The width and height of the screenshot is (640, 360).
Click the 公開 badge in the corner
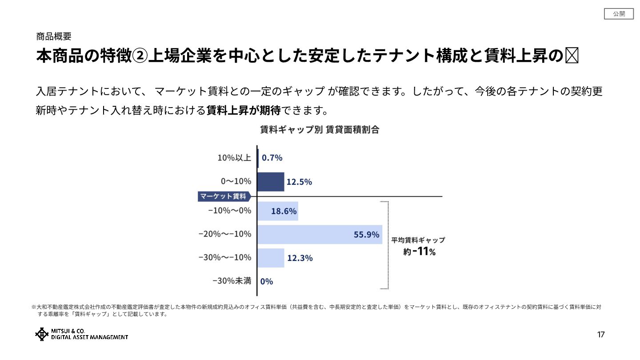[x=619, y=14]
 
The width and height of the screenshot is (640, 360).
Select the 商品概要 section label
[x=53, y=36]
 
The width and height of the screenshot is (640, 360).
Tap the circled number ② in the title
[x=139, y=56]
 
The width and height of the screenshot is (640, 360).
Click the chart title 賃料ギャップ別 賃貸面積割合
[x=320, y=130]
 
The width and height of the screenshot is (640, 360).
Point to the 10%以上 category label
[x=234, y=158]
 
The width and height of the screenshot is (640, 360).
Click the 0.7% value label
[x=272, y=158]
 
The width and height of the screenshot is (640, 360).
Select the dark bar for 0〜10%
[x=271, y=182]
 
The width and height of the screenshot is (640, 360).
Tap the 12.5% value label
[x=299, y=182]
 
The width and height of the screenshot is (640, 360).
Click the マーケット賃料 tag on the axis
[x=224, y=196]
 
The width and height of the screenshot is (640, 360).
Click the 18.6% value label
[x=284, y=211]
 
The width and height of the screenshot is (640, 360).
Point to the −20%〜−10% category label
[x=225, y=234]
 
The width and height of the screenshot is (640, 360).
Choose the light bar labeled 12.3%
[x=271, y=258]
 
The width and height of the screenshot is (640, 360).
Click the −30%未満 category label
[x=232, y=281]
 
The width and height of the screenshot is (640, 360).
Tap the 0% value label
[x=267, y=281]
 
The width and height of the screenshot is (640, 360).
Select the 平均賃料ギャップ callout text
[x=418, y=240]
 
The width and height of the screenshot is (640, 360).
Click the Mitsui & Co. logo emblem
[x=42, y=334]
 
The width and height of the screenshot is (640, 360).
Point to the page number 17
[x=601, y=335]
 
